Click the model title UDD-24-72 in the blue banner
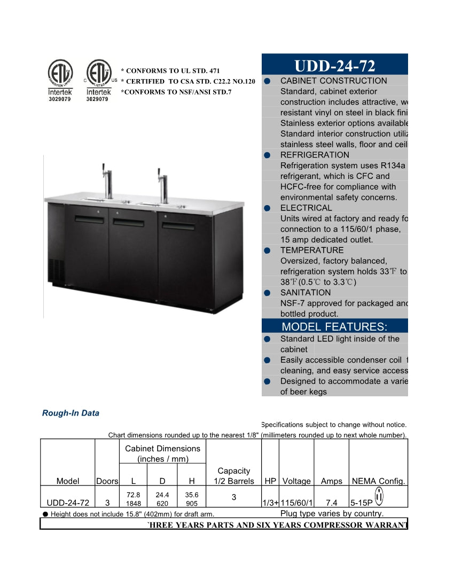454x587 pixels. (335, 66)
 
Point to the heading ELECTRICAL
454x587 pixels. (306, 208)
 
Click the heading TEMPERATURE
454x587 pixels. (312, 250)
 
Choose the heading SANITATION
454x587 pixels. (306, 293)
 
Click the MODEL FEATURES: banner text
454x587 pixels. (334, 327)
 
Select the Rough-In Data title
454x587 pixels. (71, 413)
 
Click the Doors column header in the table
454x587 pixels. (107, 481)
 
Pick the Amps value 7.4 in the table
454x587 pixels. (331, 503)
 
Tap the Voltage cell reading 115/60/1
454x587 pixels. (296, 503)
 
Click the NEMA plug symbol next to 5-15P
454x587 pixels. (379, 496)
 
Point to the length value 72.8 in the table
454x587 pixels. (133, 495)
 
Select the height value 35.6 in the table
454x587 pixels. (192, 495)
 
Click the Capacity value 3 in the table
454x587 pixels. (233, 497)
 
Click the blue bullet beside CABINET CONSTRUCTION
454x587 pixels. (267, 81)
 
